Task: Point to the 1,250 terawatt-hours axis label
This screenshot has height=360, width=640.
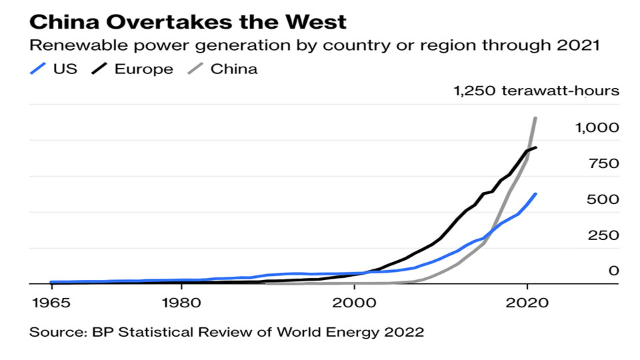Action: (x=537, y=91)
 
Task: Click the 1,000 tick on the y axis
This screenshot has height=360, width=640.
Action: (x=597, y=127)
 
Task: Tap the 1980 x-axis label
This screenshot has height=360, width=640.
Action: (x=181, y=301)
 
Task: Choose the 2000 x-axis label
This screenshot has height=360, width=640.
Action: (x=354, y=301)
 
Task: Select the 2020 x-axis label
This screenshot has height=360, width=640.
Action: (x=527, y=301)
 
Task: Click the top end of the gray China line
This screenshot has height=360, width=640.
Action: (x=535, y=118)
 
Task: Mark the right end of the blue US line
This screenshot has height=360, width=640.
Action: (x=536, y=194)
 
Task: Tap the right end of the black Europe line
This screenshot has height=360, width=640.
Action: (x=536, y=147)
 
